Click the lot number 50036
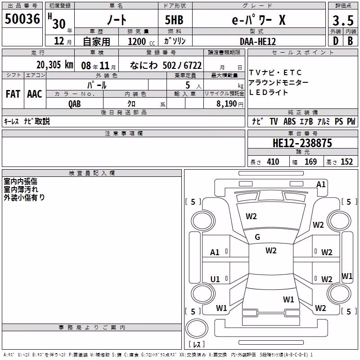click(22, 18)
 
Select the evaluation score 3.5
click(343, 21)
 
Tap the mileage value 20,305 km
click(55, 65)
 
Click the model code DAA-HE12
click(258, 41)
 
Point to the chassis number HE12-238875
click(302, 143)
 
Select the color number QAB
click(75, 104)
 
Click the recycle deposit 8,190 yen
click(230, 104)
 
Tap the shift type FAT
click(13, 94)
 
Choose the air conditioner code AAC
click(35, 94)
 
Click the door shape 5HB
click(174, 20)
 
